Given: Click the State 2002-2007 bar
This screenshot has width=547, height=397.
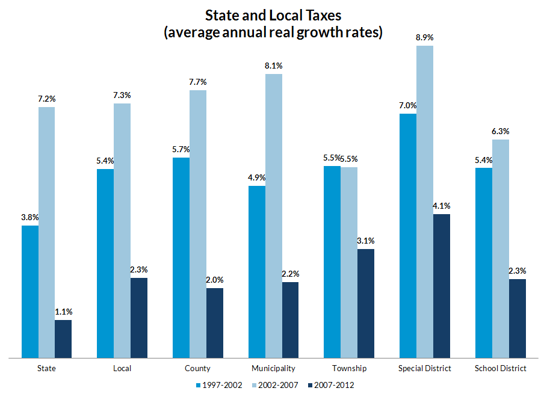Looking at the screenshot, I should coord(46,232).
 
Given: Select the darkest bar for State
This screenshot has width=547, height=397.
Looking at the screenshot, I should coord(63,339).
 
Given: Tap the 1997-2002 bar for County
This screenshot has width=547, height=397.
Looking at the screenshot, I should coord(181,257).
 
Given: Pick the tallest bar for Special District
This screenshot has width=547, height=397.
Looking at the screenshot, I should coord(425,202).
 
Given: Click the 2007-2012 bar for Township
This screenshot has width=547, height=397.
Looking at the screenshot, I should coord(366,303).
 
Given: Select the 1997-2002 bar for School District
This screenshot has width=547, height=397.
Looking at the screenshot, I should coord(484,263).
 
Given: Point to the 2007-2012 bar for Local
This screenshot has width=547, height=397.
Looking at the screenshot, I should coord(139,318).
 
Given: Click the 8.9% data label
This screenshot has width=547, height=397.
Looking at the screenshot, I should coord(425,37).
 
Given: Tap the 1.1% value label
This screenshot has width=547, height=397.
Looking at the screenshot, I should coord(64,312).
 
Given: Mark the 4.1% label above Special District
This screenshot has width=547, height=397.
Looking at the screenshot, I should coord(442,205).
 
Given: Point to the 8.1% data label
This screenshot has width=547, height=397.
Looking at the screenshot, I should coord(273,66).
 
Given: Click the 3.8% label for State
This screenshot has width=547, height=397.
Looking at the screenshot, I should coord(29,217).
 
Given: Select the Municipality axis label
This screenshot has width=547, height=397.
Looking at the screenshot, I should coord(274,368).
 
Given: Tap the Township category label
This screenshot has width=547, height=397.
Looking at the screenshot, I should coord(349,368).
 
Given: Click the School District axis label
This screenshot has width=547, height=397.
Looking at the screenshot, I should coord(501,368).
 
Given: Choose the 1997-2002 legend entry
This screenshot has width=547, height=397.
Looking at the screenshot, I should coord(220,384).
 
